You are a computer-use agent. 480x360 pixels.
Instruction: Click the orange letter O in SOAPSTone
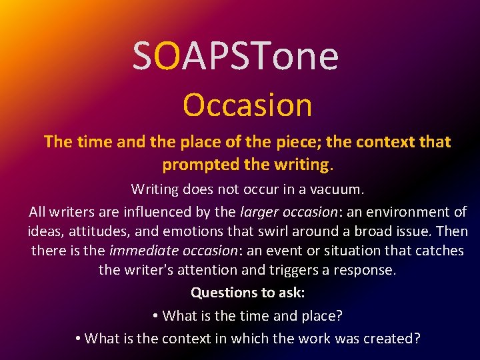[169, 56]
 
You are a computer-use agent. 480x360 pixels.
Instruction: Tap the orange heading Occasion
[247, 105]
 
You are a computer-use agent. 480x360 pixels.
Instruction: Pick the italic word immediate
[140, 251]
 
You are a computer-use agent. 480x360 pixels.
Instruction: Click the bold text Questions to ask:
[247, 293]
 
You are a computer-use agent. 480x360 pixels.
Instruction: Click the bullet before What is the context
[78, 339]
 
